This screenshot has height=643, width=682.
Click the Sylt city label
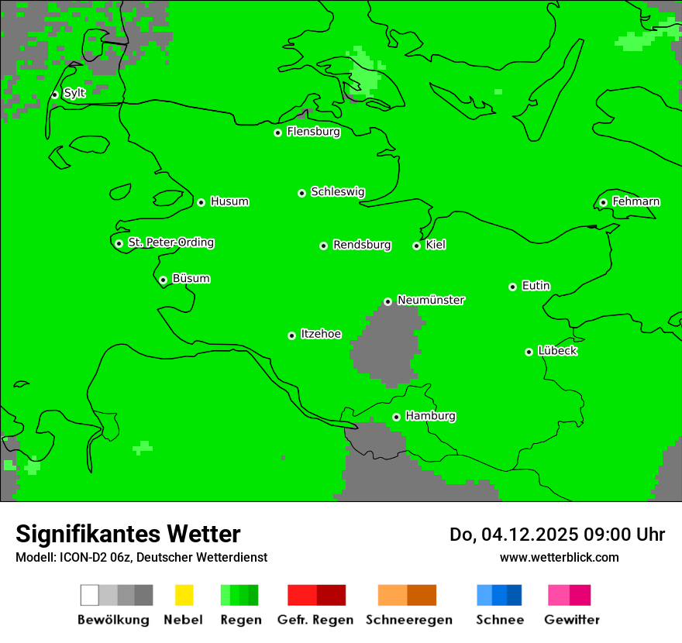click(74, 93)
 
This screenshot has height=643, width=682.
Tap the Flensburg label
click(313, 132)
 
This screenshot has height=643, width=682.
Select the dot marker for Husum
click(201, 202)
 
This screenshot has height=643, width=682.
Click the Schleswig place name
click(337, 191)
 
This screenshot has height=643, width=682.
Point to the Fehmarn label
click(635, 201)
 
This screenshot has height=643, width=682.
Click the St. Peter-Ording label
click(170, 242)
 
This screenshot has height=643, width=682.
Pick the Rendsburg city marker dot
click(324, 246)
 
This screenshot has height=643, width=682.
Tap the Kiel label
click(436, 245)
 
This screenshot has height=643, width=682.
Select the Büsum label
click(191, 278)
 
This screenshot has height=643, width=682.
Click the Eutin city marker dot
click(512, 287)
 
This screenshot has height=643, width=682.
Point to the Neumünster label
click(431, 300)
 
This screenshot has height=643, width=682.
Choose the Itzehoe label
click(321, 334)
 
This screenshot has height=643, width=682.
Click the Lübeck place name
click(557, 351)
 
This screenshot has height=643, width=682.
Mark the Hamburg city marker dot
click(396, 417)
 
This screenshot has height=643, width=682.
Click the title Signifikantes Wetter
click(128, 534)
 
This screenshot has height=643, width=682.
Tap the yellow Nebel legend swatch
click(184, 595)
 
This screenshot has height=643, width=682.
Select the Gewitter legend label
click(571, 620)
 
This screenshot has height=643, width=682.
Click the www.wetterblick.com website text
click(559, 557)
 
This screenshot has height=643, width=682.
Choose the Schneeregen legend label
click(408, 620)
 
